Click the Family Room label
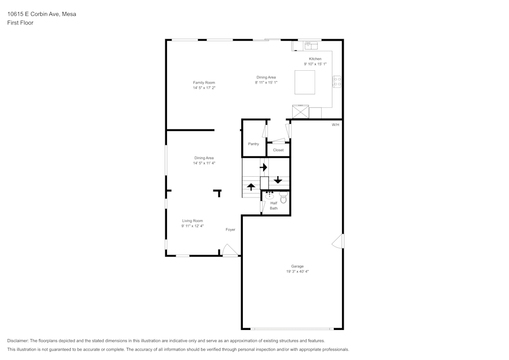(x=204, y=82)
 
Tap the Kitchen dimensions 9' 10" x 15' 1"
(x=315, y=64)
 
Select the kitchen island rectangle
(x=305, y=82)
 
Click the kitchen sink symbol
(x=311, y=46)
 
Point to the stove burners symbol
(x=337, y=81)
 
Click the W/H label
(x=335, y=125)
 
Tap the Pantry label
(x=253, y=144)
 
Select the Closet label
(x=278, y=150)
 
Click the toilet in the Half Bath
(x=284, y=198)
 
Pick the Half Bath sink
(x=269, y=196)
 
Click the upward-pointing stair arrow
(x=251, y=186)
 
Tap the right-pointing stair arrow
(x=264, y=167)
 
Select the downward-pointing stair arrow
(x=278, y=180)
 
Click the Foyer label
(x=231, y=230)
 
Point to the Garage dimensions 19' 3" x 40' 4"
(x=297, y=272)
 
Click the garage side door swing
(x=337, y=241)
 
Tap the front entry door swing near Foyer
(x=230, y=250)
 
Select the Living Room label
(x=192, y=221)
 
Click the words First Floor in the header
(x=20, y=23)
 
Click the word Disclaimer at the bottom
(x=18, y=341)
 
